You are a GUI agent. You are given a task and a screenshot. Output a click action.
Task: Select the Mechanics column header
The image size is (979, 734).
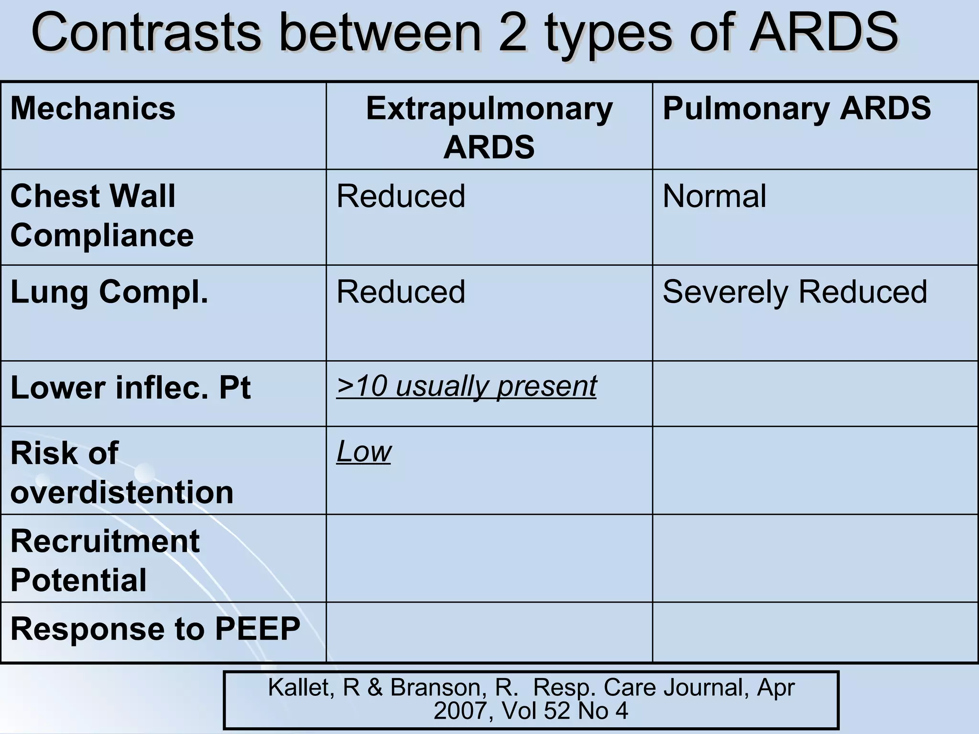(x=93, y=108)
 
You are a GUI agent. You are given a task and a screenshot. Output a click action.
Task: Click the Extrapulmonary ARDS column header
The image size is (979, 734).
(x=489, y=127)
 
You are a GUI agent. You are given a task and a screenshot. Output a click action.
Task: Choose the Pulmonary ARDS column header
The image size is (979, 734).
(x=796, y=108)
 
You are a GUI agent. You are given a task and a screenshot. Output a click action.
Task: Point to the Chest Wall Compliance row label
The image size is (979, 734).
(x=101, y=216)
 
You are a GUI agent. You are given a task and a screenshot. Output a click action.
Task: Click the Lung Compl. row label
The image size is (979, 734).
(x=109, y=291)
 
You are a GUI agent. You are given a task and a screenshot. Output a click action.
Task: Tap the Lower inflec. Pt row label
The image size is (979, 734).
(x=130, y=388)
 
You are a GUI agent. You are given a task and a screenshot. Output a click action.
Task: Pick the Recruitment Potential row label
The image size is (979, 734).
(x=105, y=560)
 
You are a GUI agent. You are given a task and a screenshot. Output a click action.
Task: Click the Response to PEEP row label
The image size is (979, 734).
(x=155, y=628)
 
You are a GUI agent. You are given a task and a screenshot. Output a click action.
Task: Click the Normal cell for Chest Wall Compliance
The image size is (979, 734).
(x=714, y=196)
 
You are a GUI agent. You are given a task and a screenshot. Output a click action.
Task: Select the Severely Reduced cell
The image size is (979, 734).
(x=794, y=291)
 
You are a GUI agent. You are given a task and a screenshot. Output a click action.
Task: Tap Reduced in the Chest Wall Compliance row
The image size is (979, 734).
(x=401, y=196)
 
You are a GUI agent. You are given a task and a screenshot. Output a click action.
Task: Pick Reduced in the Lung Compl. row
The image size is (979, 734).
(x=401, y=291)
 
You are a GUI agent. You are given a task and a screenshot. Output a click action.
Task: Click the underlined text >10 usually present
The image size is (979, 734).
(x=466, y=386)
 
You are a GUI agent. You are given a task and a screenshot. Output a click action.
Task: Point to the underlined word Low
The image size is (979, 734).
(x=364, y=451)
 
